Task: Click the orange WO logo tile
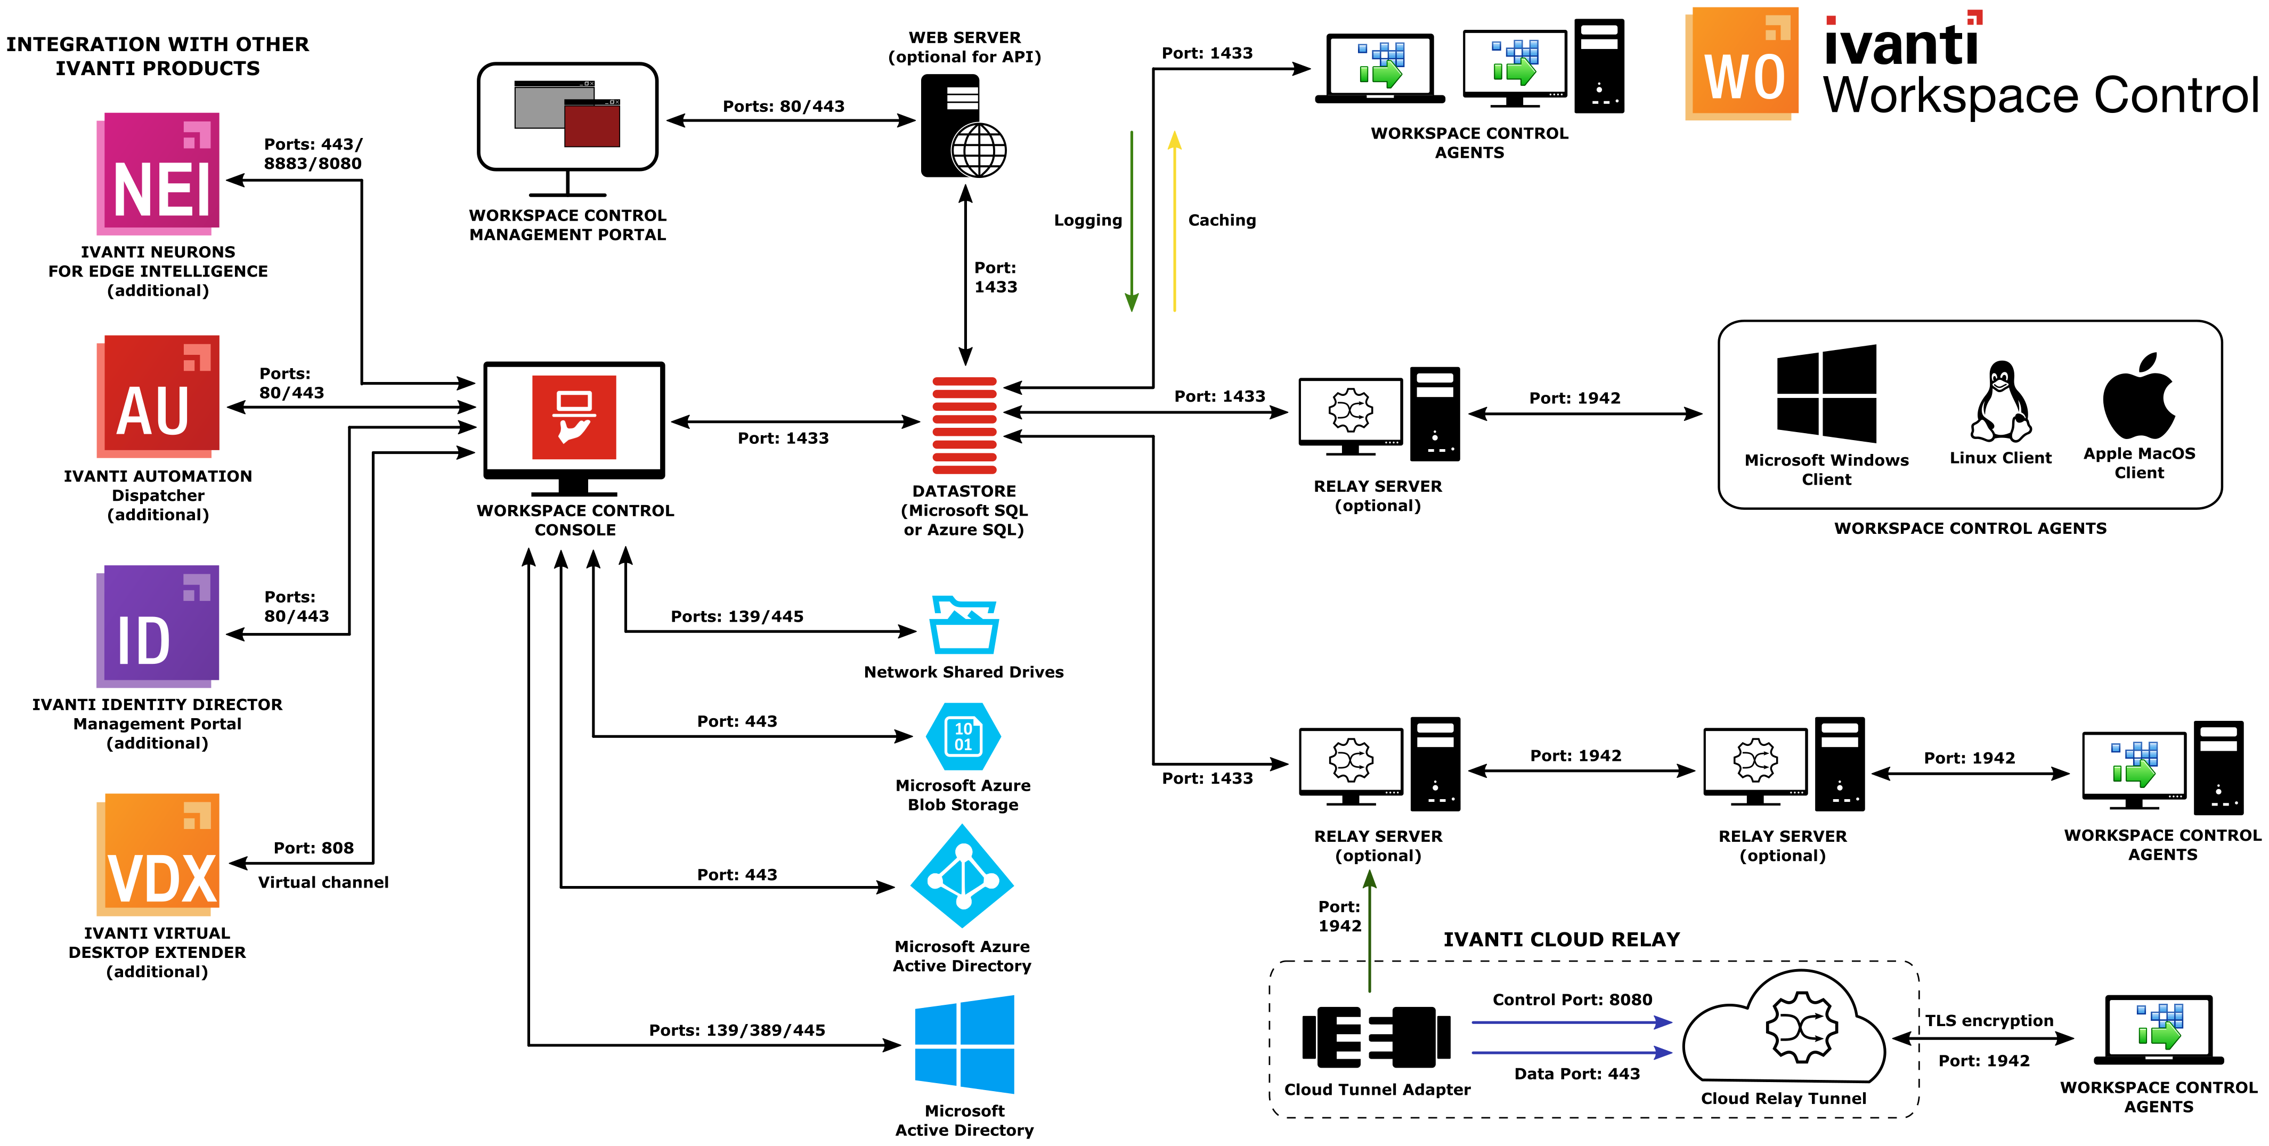1742,63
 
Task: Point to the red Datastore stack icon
964,426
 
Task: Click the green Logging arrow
1132,220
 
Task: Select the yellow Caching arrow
1174,220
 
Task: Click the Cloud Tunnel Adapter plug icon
1376,1037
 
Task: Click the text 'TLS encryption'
1989,1021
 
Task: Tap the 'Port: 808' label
314,848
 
